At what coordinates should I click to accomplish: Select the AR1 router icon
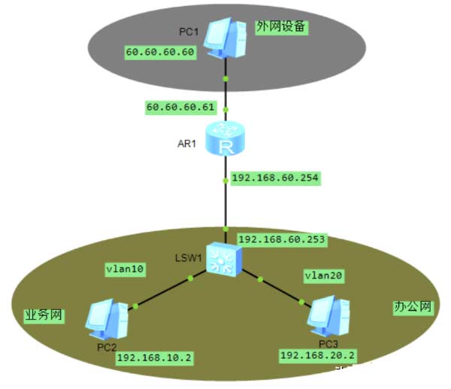pyautogui.click(x=225, y=141)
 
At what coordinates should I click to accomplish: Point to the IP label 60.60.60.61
pyautogui.click(x=180, y=108)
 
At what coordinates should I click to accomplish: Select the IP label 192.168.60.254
pyautogui.click(x=275, y=178)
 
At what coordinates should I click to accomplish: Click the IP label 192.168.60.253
pyautogui.click(x=281, y=239)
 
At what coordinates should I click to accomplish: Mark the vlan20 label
pyautogui.click(x=324, y=276)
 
